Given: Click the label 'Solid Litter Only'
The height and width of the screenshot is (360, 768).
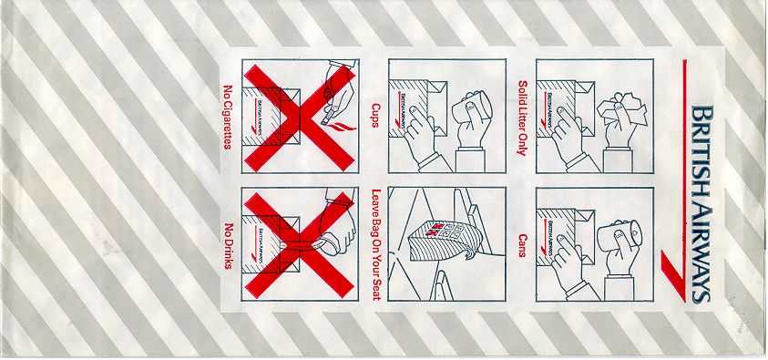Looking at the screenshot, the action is [522, 118].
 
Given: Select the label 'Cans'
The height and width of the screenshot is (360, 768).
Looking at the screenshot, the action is [522, 245].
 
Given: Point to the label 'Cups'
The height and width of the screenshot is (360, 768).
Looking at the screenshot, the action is [375, 116].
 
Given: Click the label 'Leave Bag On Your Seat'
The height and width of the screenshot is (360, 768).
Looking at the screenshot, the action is [376, 244].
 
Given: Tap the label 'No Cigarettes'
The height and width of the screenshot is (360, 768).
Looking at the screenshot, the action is [227, 117].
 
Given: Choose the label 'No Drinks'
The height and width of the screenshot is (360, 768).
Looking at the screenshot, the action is [229, 246].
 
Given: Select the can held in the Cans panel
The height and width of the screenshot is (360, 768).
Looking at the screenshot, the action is [620, 235].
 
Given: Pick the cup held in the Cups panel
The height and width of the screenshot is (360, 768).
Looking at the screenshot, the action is [472, 108].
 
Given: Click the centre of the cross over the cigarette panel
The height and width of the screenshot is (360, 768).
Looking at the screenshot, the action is [300, 118].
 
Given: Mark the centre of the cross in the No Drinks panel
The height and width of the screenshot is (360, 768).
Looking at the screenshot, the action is [299, 244].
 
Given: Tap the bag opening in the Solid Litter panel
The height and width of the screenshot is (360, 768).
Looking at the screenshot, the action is [585, 108].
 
